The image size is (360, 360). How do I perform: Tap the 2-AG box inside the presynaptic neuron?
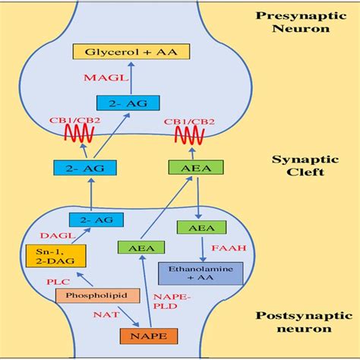click(x=117, y=104)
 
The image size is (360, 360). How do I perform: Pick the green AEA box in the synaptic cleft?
click(x=185, y=169)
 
